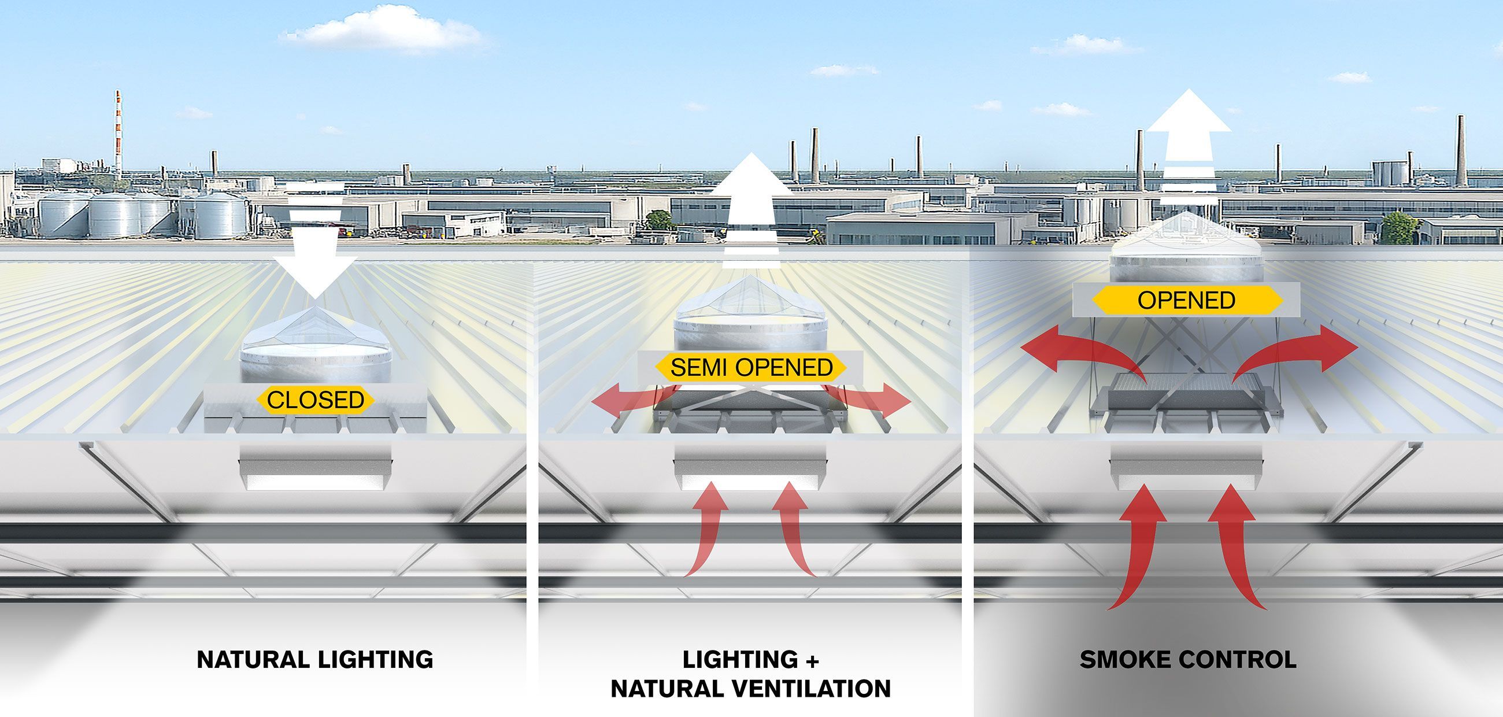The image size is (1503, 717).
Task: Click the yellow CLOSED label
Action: point(316,400)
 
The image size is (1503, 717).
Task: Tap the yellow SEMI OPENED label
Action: point(751,367)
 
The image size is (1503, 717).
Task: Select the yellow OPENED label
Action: point(1186,300)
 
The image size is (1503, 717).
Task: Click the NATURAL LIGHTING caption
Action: point(315,659)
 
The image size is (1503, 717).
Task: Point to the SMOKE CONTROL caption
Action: point(1188,659)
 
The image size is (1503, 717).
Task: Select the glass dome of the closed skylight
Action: point(315,332)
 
